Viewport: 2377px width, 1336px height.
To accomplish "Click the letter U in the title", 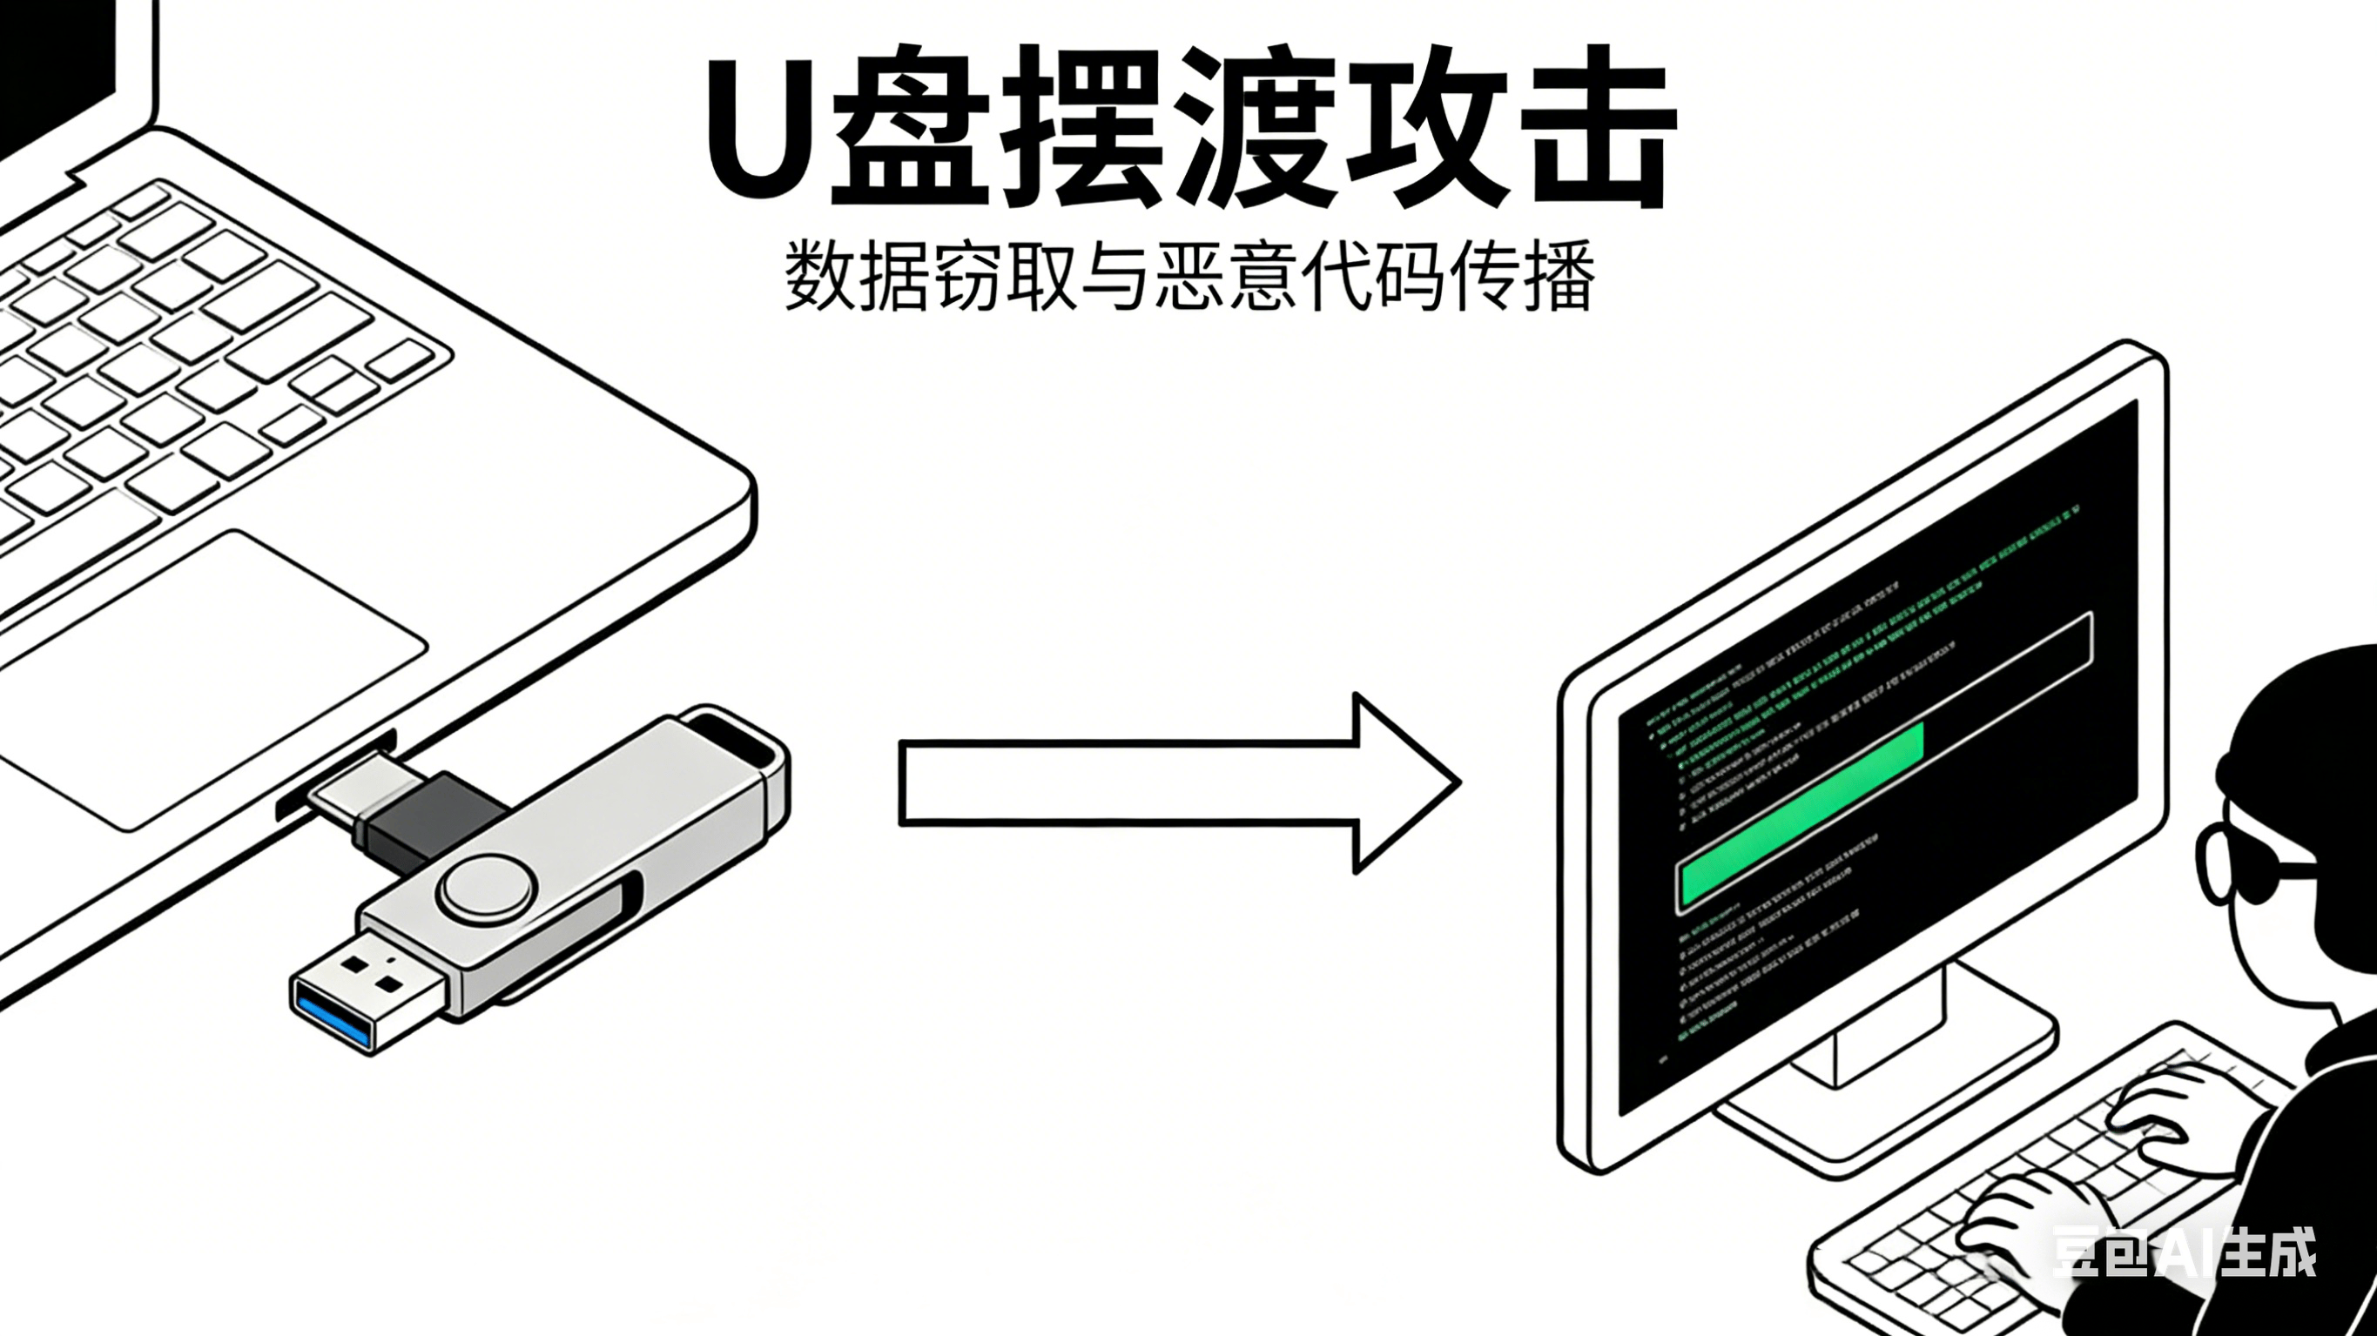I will (x=759, y=129).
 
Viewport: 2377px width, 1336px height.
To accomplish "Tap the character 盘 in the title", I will (x=912, y=129).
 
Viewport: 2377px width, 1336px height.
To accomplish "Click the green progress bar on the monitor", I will (x=1800, y=812).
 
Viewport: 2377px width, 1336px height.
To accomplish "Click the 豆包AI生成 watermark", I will (x=2181, y=1252).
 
